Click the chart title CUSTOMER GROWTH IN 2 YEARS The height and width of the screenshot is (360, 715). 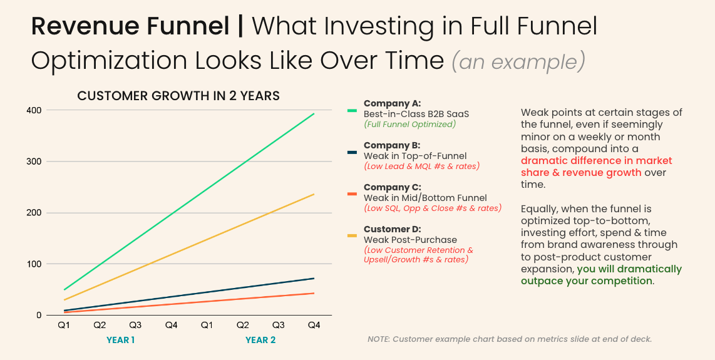click(178, 96)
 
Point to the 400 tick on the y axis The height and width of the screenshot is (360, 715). click(34, 110)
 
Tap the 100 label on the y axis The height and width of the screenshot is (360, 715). click(34, 264)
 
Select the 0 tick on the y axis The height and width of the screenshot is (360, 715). click(38, 316)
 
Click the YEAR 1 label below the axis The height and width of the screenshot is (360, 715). click(120, 341)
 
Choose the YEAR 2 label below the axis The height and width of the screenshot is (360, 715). click(260, 341)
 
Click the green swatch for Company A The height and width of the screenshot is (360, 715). click(352, 111)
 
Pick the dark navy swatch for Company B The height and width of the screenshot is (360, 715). click(352, 153)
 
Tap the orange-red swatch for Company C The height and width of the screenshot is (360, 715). click(352, 194)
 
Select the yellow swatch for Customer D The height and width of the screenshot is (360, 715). click(352, 236)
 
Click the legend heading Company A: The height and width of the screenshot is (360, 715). click(392, 103)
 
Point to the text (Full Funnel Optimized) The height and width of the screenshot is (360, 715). click(409, 125)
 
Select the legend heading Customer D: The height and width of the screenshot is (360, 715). click(392, 229)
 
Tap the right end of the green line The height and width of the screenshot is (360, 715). click(314, 114)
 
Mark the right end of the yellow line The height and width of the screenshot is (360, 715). click(314, 194)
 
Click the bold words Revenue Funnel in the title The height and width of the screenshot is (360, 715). click(130, 26)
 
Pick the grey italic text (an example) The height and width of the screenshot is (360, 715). click(518, 61)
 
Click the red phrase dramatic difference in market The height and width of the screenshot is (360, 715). click(596, 161)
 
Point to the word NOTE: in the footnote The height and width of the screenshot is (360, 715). click(378, 339)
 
